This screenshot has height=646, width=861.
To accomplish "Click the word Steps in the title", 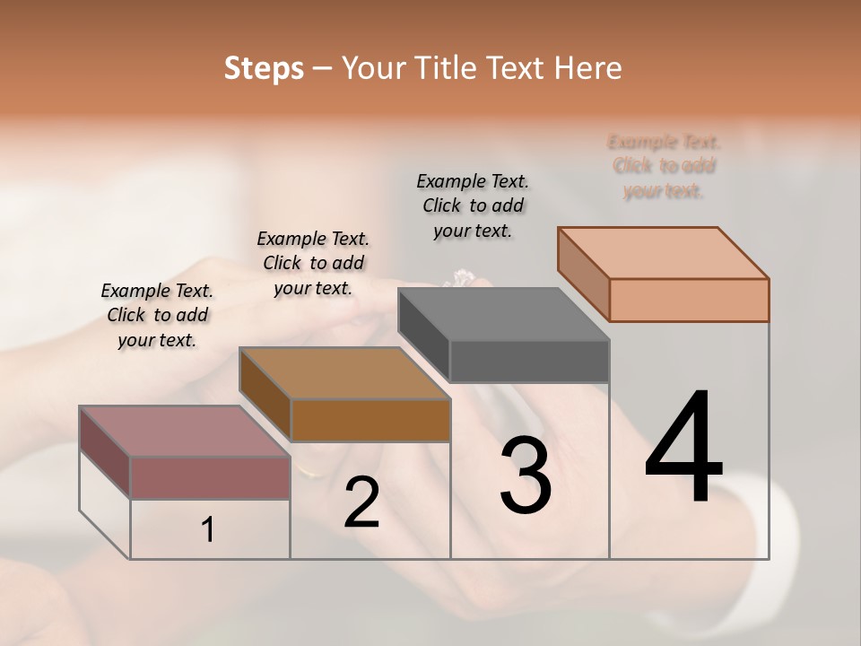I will coord(264,68).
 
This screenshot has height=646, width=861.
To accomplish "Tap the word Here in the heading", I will coord(587,68).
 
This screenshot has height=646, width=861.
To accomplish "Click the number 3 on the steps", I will coord(525,476).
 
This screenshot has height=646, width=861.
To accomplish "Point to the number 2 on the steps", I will coord(361,502).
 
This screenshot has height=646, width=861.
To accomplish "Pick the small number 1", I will coord(208,530).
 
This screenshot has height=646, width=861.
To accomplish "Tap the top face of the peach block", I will coord(664,253).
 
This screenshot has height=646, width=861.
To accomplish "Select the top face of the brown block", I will coord(345,373).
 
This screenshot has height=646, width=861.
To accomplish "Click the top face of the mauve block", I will coord(185,432).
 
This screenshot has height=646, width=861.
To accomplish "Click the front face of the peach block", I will coord(689,300).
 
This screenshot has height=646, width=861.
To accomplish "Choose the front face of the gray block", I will coord(529,361).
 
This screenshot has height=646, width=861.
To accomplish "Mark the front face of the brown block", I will coord(370,420).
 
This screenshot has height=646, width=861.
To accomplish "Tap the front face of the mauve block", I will coord(210,477).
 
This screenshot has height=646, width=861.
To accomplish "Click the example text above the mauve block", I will coord(157,315).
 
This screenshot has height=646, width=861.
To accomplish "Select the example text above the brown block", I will coord(313,263).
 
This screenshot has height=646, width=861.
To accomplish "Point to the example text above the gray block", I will coord(473,205).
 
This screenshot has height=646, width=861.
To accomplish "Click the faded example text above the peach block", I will coord(664,166).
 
